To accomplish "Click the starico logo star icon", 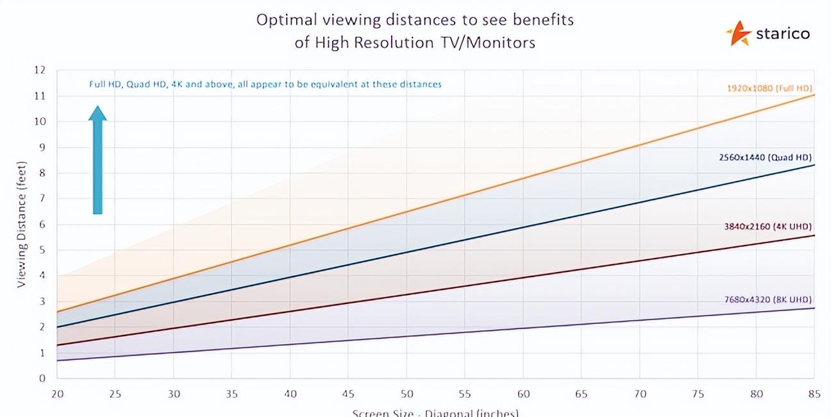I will pyautogui.click(x=738, y=33).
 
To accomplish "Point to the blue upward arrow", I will pyautogui.click(x=97, y=160).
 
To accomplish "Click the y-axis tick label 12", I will pyautogui.click(x=40, y=70).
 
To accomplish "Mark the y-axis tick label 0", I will pyautogui.click(x=43, y=378).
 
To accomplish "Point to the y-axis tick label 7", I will pyautogui.click(x=43, y=198).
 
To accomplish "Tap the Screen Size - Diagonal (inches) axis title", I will pyautogui.click(x=435, y=412).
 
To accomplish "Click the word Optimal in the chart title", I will pyautogui.click(x=284, y=20).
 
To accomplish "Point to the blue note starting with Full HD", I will pyautogui.click(x=265, y=84).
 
